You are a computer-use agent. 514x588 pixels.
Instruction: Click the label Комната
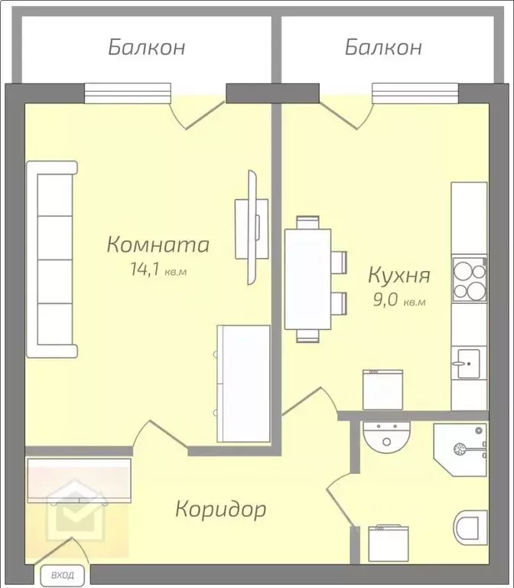click(158, 245)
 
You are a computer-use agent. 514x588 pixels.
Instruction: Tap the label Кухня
click(399, 275)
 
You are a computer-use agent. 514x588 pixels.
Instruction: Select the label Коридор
click(221, 508)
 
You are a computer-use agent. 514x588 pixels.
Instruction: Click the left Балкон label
click(146, 47)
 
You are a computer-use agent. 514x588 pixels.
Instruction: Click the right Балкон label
click(383, 47)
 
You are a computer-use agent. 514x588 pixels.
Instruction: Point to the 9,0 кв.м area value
click(399, 301)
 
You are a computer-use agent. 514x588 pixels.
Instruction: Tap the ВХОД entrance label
click(63, 574)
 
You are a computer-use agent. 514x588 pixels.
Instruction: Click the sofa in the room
click(52, 260)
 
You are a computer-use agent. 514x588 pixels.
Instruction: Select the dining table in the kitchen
click(307, 279)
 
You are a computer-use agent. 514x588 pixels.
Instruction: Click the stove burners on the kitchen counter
click(469, 280)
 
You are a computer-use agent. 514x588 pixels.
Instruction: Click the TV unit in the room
click(252, 227)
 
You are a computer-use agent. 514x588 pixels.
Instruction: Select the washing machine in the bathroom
click(391, 543)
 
